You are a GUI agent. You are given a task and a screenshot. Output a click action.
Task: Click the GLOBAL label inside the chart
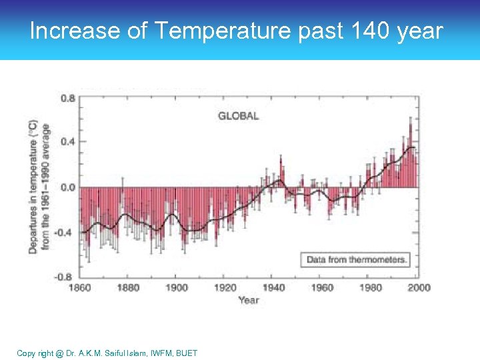238,116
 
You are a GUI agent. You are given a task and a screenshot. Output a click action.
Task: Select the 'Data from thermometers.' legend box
357,259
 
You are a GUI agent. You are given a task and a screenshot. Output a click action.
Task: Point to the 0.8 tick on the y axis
68,98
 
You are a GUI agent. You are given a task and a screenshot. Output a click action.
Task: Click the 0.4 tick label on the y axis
68,142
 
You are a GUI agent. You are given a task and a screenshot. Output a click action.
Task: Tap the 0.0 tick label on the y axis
68,187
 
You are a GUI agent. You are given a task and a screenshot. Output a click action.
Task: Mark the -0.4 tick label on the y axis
67,232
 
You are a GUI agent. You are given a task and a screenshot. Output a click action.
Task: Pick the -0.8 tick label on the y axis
67,276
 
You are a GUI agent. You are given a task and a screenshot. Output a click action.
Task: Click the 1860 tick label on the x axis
80,287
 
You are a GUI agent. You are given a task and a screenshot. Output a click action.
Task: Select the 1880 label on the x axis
128,287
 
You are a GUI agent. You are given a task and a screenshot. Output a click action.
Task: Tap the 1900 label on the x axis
177,287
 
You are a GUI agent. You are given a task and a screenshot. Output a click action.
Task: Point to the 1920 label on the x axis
225,287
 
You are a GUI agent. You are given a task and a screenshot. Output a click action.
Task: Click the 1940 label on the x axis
273,287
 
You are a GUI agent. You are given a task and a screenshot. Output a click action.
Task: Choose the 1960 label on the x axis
322,287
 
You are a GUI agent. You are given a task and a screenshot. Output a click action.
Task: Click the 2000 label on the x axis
418,287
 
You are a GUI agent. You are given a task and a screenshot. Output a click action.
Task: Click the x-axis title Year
248,300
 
